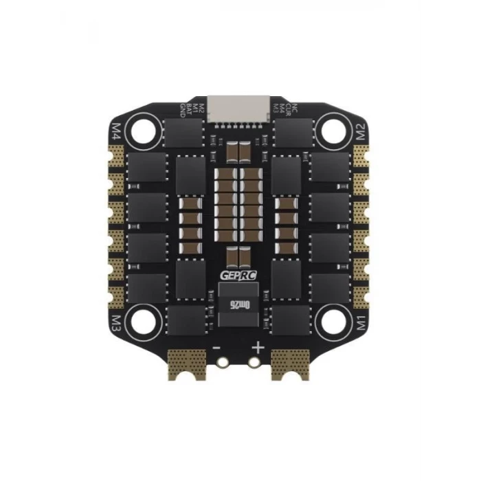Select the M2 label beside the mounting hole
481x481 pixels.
tap(361, 131)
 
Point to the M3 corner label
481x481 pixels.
tap(118, 320)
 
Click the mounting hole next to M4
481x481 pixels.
tap(146, 130)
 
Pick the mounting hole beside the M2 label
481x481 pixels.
tap(333, 130)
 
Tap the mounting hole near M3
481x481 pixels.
tap(146, 320)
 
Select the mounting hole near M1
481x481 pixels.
tap(333, 320)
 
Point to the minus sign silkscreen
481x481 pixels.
tap(217, 348)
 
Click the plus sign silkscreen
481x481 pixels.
tap(258, 348)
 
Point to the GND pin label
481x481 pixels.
tap(182, 110)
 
